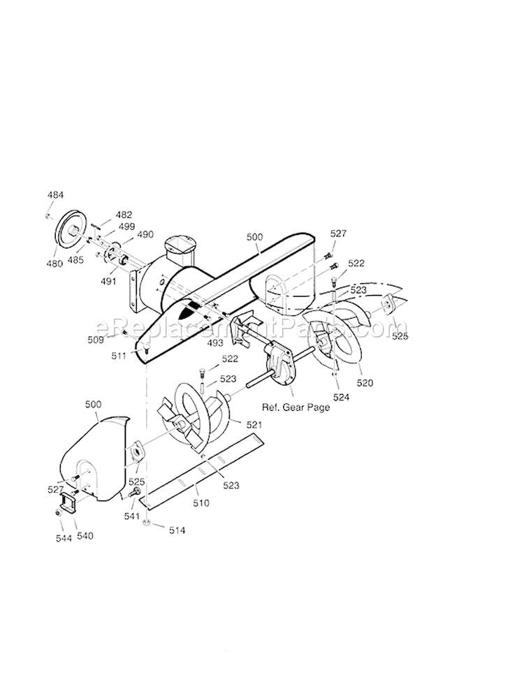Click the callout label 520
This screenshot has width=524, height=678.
click(x=365, y=382)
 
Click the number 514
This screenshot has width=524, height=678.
click(x=177, y=531)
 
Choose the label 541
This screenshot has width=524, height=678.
click(x=131, y=517)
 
